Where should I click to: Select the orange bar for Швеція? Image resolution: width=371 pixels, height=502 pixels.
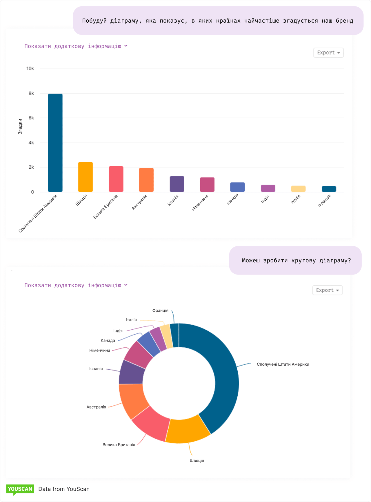point(86,177)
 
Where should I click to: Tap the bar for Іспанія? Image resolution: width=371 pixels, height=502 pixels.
point(177,184)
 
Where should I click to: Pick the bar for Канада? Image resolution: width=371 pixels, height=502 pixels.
point(237,187)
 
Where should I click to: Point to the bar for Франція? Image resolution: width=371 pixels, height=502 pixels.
point(329,189)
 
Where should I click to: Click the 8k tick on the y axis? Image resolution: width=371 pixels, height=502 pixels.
point(31,93)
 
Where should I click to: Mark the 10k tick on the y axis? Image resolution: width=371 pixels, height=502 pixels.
point(30,68)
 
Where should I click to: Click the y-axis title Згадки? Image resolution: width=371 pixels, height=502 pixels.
point(20,127)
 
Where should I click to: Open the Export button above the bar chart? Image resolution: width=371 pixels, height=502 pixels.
point(328,53)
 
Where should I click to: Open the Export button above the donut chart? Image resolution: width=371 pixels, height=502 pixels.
point(327,290)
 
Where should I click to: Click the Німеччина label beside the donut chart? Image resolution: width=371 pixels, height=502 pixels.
point(100,351)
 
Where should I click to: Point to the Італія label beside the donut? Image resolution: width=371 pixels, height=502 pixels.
point(131,320)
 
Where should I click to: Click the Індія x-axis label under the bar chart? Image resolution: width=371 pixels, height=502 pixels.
point(265,199)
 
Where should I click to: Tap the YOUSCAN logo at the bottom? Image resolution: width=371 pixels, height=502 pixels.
point(20,489)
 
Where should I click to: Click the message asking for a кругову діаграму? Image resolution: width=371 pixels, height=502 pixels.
point(296,260)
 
